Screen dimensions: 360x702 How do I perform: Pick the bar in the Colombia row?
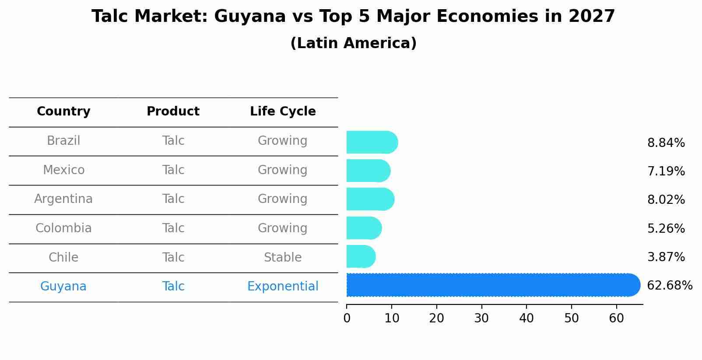click(x=364, y=228)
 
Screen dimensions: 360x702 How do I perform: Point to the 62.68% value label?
click(x=669, y=286)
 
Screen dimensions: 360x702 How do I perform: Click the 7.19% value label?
click(x=666, y=171)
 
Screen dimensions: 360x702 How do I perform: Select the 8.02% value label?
click(x=666, y=200)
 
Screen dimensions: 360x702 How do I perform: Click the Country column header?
click(x=63, y=112)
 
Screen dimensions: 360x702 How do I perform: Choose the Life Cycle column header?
click(x=283, y=112)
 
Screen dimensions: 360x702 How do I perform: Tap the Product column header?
click(x=173, y=112)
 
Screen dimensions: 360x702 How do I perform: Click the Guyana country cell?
click(x=63, y=287)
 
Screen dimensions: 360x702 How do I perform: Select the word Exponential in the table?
click(x=283, y=287)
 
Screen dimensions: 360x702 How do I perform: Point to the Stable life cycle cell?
click(x=283, y=258)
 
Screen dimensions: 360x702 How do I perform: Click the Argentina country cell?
click(x=63, y=199)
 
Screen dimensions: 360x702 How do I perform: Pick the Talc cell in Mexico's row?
click(x=173, y=170)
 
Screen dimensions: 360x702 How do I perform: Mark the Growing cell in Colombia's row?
click(x=283, y=228)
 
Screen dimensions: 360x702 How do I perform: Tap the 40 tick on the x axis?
click(x=526, y=318)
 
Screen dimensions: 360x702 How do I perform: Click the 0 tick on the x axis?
click(x=347, y=318)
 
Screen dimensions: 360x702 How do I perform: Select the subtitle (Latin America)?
click(x=353, y=43)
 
